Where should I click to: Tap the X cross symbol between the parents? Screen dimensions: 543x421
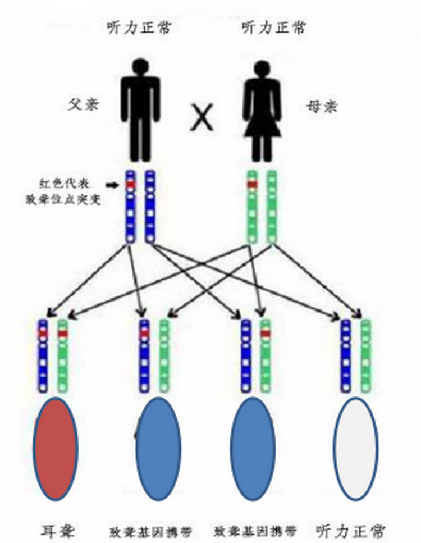[202, 118]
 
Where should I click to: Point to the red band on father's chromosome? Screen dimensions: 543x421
[131, 184]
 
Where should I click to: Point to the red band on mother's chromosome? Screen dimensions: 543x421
[253, 184]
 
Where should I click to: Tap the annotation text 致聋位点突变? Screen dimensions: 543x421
[63, 199]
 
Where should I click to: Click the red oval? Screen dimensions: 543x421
[55, 449]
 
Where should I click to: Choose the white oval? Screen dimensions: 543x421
[355, 449]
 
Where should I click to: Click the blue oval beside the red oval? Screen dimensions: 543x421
[158, 449]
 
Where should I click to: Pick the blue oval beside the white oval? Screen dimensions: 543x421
[253, 449]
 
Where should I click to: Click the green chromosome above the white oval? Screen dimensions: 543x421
[366, 356]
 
